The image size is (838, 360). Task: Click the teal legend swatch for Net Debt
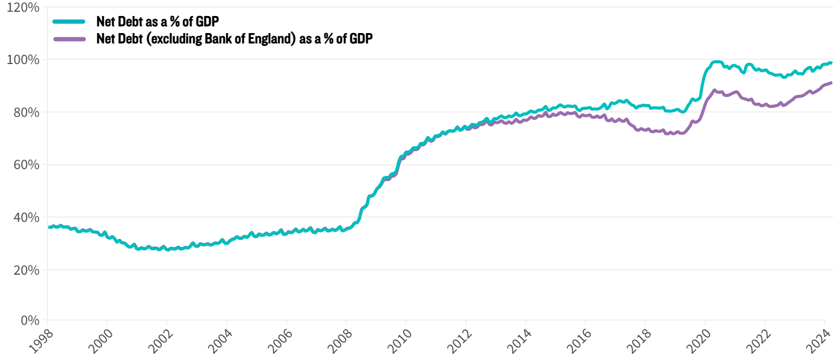tap(69, 21)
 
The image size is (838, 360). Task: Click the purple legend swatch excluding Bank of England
tap(69, 39)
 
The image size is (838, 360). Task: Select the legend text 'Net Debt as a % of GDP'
tap(157, 21)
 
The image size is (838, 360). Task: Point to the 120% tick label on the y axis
tap(23, 7)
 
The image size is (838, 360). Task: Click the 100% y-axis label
tap(23, 60)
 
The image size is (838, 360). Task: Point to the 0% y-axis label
tap(29, 321)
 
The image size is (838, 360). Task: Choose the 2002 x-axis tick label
tap(161, 341)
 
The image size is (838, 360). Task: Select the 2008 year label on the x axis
tap(340, 341)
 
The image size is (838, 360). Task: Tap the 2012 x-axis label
tap(459, 341)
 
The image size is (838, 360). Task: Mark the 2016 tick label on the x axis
tap(579, 341)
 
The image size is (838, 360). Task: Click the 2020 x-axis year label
tap(698, 341)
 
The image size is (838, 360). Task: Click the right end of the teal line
tap(831, 63)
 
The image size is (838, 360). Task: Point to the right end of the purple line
tap(831, 83)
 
